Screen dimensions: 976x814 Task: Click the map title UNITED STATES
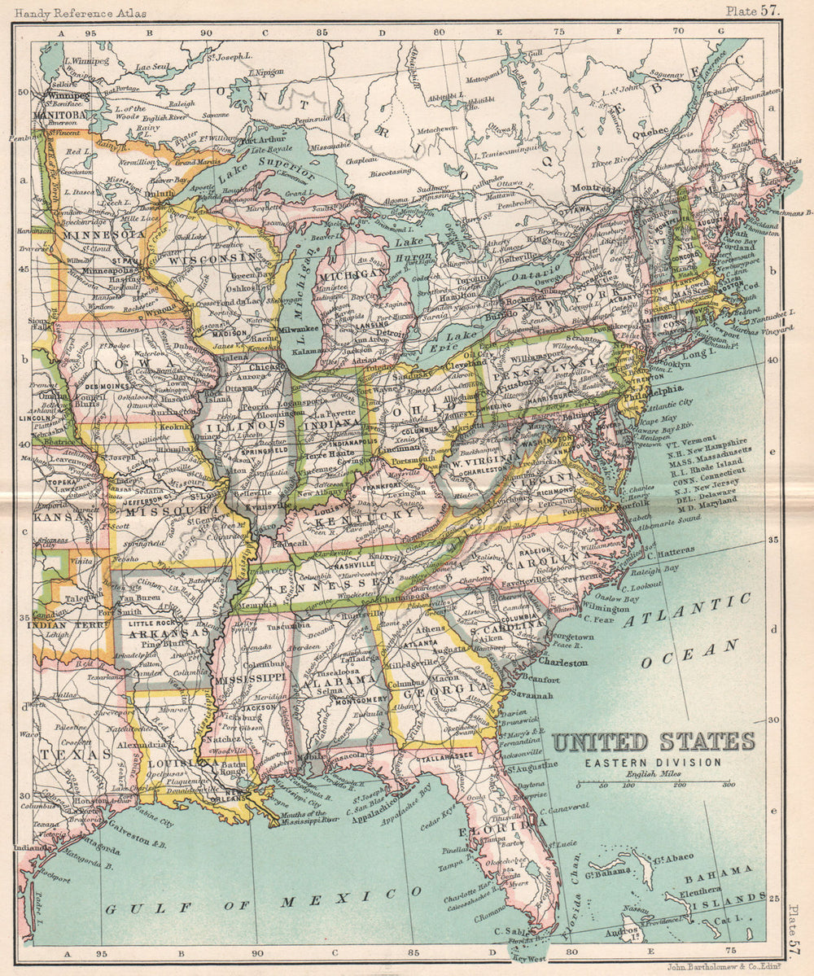pos(654,742)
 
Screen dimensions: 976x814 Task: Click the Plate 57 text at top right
pos(753,10)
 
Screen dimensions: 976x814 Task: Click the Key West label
pos(529,958)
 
